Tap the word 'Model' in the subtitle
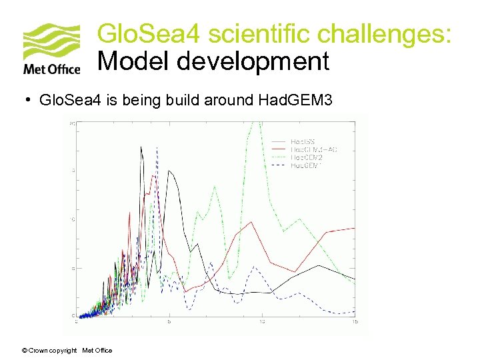[x=133, y=61]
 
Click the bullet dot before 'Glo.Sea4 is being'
[x=29, y=100]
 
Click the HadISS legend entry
[x=303, y=141]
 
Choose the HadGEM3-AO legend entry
[x=314, y=149]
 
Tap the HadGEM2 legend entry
[x=307, y=157]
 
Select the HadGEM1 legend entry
[x=306, y=165]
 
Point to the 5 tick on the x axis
[x=169, y=321]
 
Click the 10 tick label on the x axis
[x=262, y=321]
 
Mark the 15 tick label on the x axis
[x=355, y=321]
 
